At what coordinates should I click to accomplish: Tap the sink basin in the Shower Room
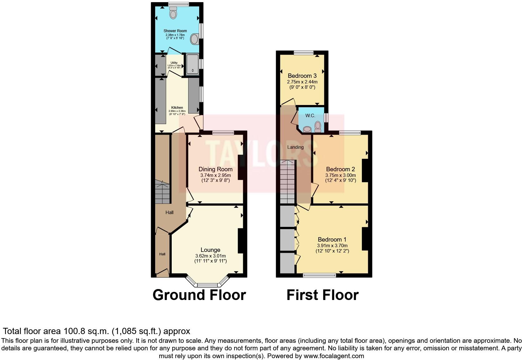195,40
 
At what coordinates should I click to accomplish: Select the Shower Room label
175,31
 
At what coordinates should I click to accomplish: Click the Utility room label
174,63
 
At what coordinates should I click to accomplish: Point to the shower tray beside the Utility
192,64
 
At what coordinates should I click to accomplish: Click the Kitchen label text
177,107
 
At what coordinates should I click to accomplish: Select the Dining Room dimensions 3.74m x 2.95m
215,175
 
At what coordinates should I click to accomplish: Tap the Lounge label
210,250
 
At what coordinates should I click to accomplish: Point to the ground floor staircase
162,192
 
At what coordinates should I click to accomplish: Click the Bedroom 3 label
302,76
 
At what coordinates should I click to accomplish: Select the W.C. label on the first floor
310,116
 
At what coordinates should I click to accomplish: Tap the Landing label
295,147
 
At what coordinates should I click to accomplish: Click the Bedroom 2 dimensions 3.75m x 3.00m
340,175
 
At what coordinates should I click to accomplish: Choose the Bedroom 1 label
332,240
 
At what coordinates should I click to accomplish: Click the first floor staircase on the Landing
287,181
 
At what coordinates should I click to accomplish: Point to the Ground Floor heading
199,295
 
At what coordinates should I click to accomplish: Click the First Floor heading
323,295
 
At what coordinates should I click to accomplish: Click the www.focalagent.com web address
334,356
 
